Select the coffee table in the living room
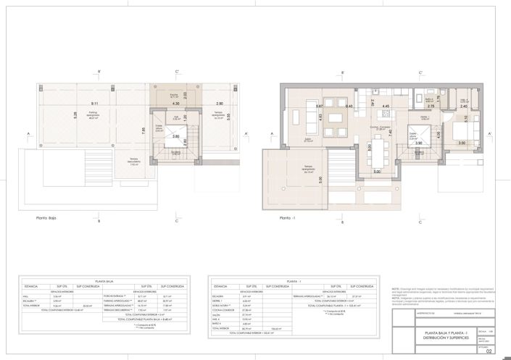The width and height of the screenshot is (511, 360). click(336, 117)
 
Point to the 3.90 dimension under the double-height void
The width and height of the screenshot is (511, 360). click(419, 143)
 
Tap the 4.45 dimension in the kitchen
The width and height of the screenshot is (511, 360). click(386, 106)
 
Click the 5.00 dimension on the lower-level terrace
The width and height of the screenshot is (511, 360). click(320, 180)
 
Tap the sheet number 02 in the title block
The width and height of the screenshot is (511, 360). click(489, 351)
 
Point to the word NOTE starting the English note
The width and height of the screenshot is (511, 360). click(396, 288)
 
